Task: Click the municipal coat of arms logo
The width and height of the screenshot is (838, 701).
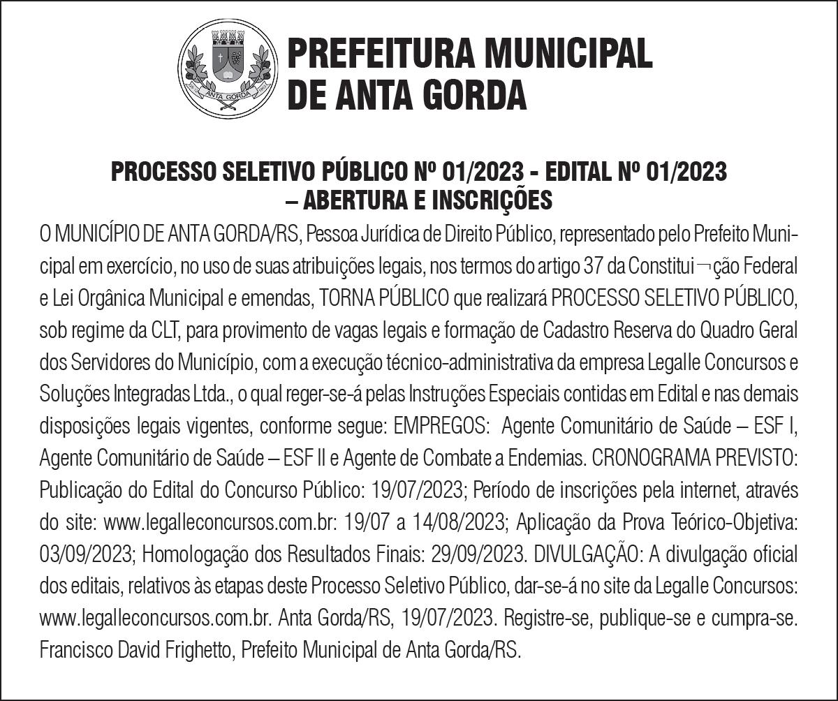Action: (x=224, y=68)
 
